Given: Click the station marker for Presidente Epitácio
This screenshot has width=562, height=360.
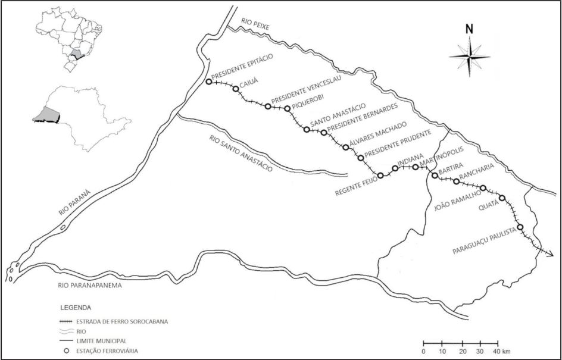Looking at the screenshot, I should [x=208, y=82].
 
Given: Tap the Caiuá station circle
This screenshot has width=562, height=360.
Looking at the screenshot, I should [x=236, y=89].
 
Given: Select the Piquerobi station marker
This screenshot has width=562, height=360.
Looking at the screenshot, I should [x=288, y=108].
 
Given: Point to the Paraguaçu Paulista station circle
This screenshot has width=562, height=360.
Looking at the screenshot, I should [x=520, y=227].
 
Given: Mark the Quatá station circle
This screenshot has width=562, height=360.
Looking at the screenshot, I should [x=502, y=198].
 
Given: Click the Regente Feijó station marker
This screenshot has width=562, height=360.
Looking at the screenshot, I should [x=380, y=175].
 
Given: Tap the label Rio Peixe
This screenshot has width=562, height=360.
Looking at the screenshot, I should [x=256, y=24].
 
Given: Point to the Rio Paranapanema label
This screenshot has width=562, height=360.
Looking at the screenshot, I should [x=90, y=286].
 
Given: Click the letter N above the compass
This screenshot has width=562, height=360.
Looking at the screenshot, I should [x=469, y=28].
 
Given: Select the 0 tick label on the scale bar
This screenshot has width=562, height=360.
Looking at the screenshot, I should [x=423, y=352].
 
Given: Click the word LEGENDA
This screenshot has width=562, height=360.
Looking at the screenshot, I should [x=76, y=308].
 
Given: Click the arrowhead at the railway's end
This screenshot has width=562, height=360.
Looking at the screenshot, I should [x=550, y=254].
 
